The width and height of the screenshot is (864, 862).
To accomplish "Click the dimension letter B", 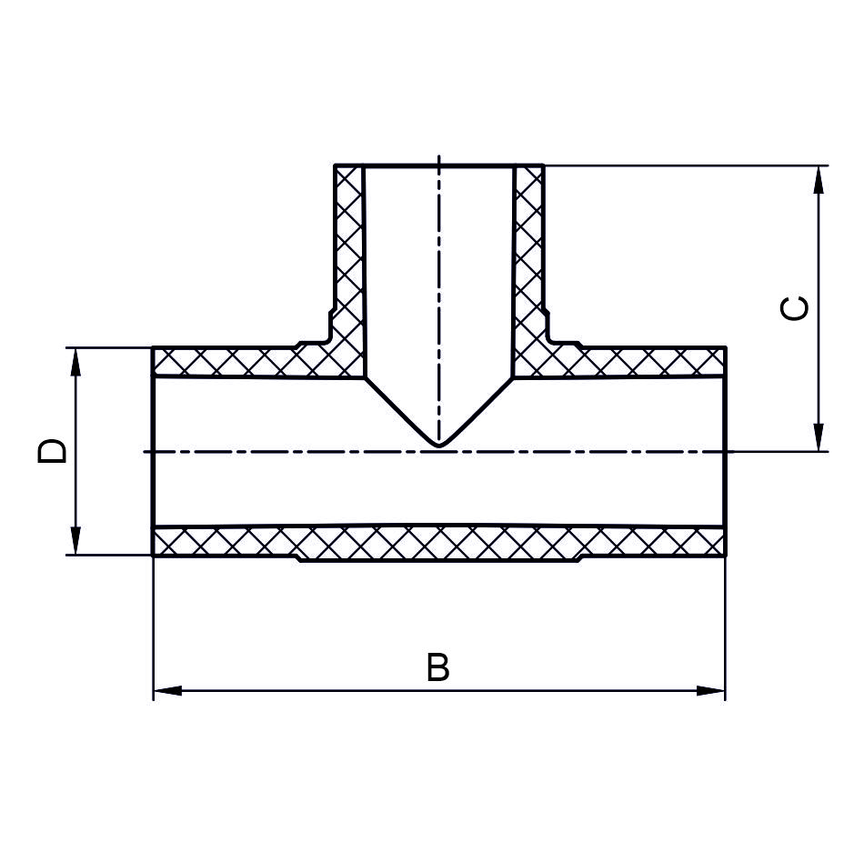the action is [x=438, y=667].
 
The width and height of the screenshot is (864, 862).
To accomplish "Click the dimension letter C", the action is [x=795, y=307].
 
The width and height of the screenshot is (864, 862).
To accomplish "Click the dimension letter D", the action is [x=52, y=451].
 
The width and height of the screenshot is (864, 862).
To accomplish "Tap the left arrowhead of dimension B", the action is [x=167, y=691].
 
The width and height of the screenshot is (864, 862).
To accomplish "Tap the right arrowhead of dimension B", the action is [x=711, y=691].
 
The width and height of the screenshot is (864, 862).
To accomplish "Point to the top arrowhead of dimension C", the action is [x=819, y=179].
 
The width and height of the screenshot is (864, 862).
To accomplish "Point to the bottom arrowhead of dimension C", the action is [x=819, y=437].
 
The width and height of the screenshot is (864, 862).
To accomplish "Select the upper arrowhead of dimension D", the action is [x=75, y=363].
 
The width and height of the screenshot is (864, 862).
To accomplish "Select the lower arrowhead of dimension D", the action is [x=75, y=541].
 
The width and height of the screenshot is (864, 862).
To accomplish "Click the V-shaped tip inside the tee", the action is [x=438, y=445].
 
